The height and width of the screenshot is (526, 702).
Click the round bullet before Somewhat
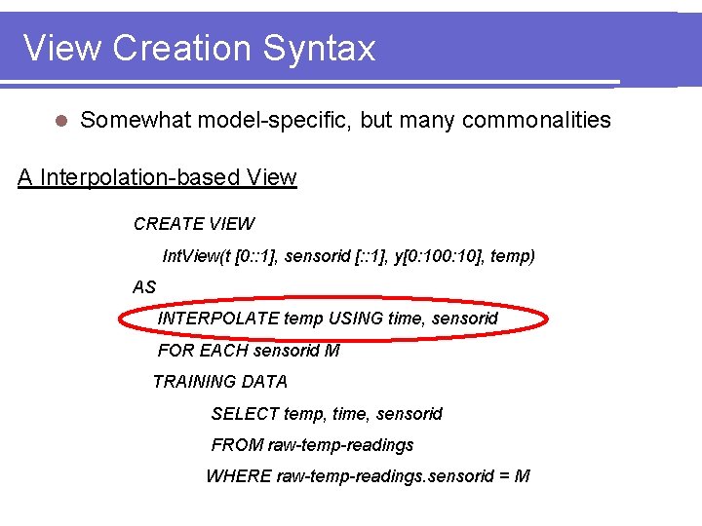[60, 121]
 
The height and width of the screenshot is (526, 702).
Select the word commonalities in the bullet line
[536, 120]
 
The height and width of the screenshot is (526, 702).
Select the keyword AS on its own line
[144, 287]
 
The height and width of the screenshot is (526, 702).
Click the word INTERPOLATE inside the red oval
[218, 319]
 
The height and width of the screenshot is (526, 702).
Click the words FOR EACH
[202, 351]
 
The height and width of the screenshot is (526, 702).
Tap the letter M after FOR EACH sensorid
[332, 351]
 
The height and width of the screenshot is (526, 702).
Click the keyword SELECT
[245, 414]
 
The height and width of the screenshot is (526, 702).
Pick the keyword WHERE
[238, 476]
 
